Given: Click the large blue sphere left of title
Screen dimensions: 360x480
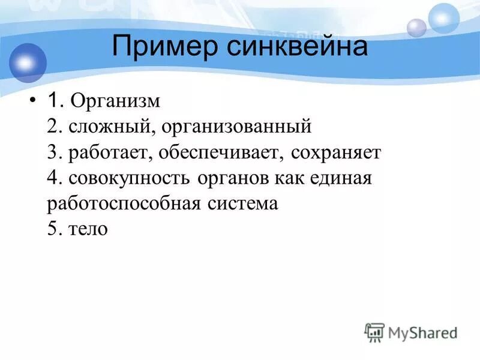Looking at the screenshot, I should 28,62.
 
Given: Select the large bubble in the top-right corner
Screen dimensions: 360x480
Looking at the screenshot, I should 444,18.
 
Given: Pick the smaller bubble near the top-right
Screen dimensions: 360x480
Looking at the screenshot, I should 416,28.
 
